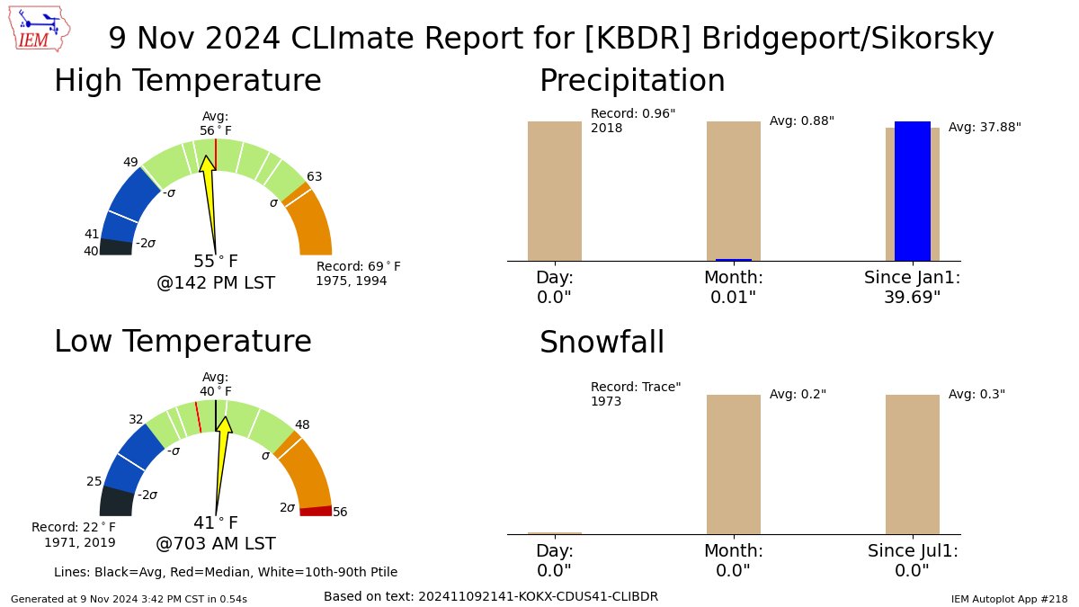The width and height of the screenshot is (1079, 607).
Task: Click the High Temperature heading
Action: pyautogui.click(x=187, y=81)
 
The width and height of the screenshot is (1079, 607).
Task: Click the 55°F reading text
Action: pyautogui.click(x=216, y=262)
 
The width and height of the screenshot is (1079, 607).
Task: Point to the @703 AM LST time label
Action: pyautogui.click(x=216, y=544)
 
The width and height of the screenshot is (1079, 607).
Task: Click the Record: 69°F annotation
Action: pyautogui.click(x=358, y=273)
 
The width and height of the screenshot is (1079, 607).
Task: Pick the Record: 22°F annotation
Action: pyautogui.click(x=74, y=534)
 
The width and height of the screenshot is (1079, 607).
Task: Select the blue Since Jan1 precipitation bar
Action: pyautogui.click(x=912, y=191)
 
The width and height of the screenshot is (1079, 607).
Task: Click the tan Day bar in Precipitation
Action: pyautogui.click(x=554, y=191)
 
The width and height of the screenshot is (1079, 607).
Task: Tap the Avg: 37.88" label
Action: pyautogui.click(x=985, y=128)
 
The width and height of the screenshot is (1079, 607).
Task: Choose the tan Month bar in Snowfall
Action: pyautogui.click(x=733, y=464)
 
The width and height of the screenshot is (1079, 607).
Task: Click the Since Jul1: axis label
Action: pyautogui.click(x=913, y=551)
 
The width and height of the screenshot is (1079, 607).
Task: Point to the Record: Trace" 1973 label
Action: pyautogui.click(x=635, y=394)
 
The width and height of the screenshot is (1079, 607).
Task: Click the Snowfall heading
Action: pyautogui.click(x=602, y=343)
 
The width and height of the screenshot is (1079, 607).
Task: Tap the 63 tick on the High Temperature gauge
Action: pyautogui.click(x=314, y=176)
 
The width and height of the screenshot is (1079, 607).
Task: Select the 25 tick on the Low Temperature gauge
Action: pyautogui.click(x=94, y=481)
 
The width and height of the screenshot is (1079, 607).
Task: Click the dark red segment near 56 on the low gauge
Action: pyautogui.click(x=316, y=511)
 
